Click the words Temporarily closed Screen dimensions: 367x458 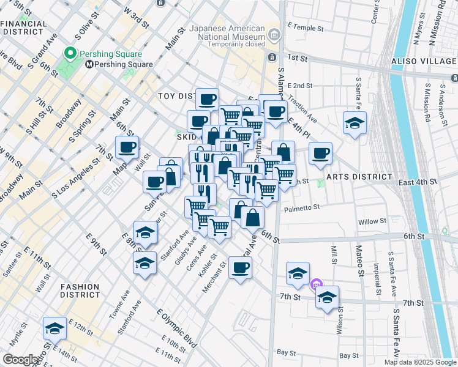[236, 44]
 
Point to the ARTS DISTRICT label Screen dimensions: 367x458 [359, 177]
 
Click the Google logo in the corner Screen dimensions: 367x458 [21, 360]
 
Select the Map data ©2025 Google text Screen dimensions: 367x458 [420, 362]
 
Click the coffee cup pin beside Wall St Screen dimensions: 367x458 [127, 147]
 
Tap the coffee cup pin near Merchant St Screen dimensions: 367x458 [240, 267]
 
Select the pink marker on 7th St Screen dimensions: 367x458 [316, 283]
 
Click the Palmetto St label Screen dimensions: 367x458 [302, 208]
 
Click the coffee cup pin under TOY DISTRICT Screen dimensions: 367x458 [208, 99]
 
